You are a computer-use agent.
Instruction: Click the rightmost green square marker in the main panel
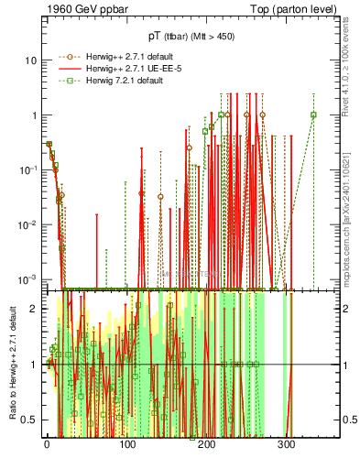pos(313,115)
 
